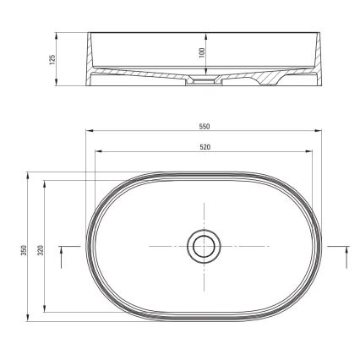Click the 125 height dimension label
52,60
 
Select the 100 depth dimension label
200,52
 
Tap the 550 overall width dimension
203,127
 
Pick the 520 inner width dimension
203,146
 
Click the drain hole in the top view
202,246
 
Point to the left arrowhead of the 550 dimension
88,133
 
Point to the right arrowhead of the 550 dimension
319,133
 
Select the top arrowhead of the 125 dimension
57,35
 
